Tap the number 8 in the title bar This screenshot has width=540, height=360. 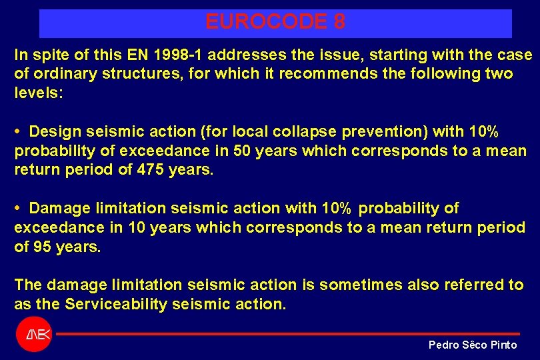coord(339,22)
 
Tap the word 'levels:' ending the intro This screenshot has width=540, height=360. coord(39,93)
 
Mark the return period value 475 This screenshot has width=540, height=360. coord(151,170)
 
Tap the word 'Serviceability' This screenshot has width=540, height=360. coord(117,304)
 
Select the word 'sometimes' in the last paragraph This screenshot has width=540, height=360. coord(357,285)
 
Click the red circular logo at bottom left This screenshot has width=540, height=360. coord(33,335)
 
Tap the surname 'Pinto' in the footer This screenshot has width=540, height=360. coord(503,345)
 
